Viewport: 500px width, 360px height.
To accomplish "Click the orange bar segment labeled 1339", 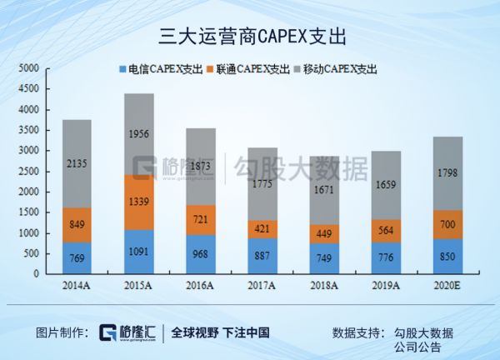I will click(139, 202).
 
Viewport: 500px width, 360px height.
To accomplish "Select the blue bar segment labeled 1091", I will click(139, 251).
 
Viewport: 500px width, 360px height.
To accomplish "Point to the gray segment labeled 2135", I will click(77, 163).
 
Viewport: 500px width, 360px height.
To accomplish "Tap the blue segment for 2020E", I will click(448, 256).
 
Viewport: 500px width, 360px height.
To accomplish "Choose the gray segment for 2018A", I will click(325, 190).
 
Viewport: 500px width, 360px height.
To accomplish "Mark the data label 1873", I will click(201, 167).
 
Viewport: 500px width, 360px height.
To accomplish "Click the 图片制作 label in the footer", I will click(62, 332).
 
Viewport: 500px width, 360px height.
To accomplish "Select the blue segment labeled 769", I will click(77, 257).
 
